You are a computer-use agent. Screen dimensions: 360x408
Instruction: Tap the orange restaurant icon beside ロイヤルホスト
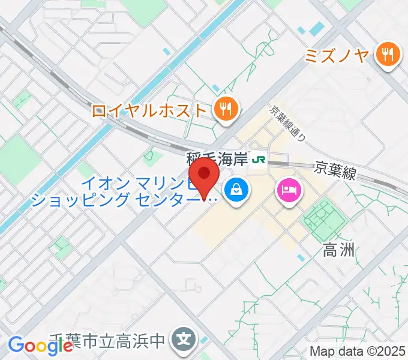coord(226,109)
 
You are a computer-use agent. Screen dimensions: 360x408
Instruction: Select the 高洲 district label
coord(339,250)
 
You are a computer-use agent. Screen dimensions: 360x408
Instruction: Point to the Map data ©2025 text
coord(358,351)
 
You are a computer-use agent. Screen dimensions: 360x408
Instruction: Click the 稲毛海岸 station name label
coord(217,160)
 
